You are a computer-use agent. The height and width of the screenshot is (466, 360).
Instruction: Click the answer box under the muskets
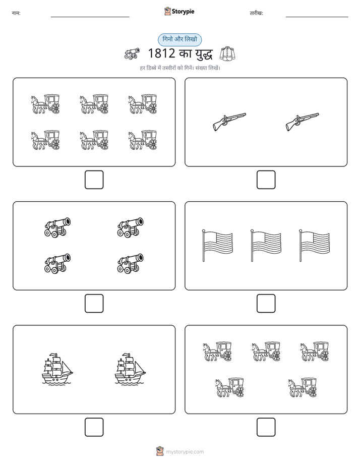pos(266,180)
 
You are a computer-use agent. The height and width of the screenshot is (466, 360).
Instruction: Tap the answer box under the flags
pos(266,304)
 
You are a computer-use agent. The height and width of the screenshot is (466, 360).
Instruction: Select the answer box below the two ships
pos(94,427)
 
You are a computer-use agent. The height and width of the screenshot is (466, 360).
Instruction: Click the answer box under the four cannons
pos(94,304)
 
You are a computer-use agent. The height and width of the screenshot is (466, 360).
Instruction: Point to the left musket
pos(229,121)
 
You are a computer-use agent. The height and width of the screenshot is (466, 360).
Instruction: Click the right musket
pos(303,121)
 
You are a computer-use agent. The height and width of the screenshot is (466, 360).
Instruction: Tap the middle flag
pos(266,246)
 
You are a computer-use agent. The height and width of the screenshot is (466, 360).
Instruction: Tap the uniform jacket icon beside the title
pos(227,54)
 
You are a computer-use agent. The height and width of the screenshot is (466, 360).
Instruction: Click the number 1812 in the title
pos(161,53)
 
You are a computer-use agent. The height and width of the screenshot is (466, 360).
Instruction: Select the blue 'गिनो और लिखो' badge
pos(179,39)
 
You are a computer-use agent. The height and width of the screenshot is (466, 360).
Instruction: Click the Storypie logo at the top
pos(179,12)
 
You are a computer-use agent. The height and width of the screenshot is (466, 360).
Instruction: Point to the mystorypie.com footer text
pos(185,452)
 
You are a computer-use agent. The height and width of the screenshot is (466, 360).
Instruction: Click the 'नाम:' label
pos(16,13)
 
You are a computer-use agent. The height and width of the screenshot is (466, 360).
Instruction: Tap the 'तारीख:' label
pos(256,13)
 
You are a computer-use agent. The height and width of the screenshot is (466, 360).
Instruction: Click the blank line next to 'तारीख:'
pos(317,17)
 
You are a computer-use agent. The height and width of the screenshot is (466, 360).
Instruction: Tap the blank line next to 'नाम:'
pos(90,17)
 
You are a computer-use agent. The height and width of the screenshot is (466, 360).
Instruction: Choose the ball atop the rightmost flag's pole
pos(301,230)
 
